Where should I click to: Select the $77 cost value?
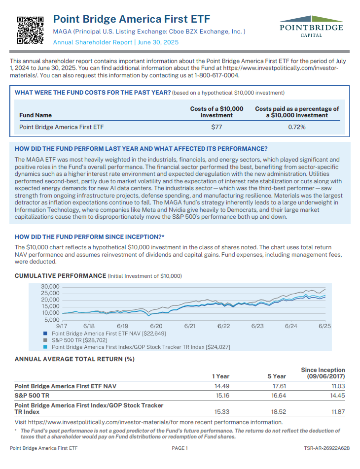tap(216, 127)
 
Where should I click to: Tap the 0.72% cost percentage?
tap(297, 127)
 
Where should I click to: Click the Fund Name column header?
tap(36, 115)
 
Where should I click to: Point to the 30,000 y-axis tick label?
tap(50, 287)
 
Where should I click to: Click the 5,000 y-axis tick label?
tap(52, 319)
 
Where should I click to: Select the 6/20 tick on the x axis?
tap(156, 326)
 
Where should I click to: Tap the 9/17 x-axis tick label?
tap(62, 326)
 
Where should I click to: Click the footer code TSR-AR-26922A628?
tap(327, 448)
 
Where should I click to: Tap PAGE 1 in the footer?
tap(180, 448)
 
